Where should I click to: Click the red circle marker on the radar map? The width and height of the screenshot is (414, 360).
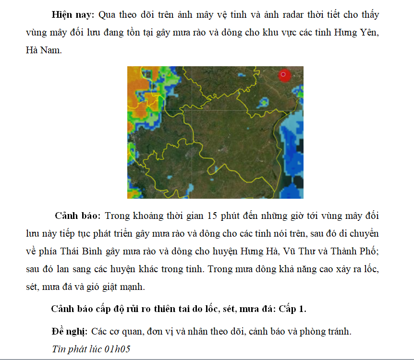click(x=284, y=75)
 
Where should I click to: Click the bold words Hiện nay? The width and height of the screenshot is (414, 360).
click(x=73, y=15)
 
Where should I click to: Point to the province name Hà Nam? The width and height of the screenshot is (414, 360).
click(x=44, y=50)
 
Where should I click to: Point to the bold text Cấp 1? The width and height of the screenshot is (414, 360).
click(x=292, y=309)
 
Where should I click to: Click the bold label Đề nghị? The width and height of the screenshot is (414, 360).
click(x=69, y=332)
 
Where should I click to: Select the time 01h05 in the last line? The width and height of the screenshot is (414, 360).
click(x=120, y=349)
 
